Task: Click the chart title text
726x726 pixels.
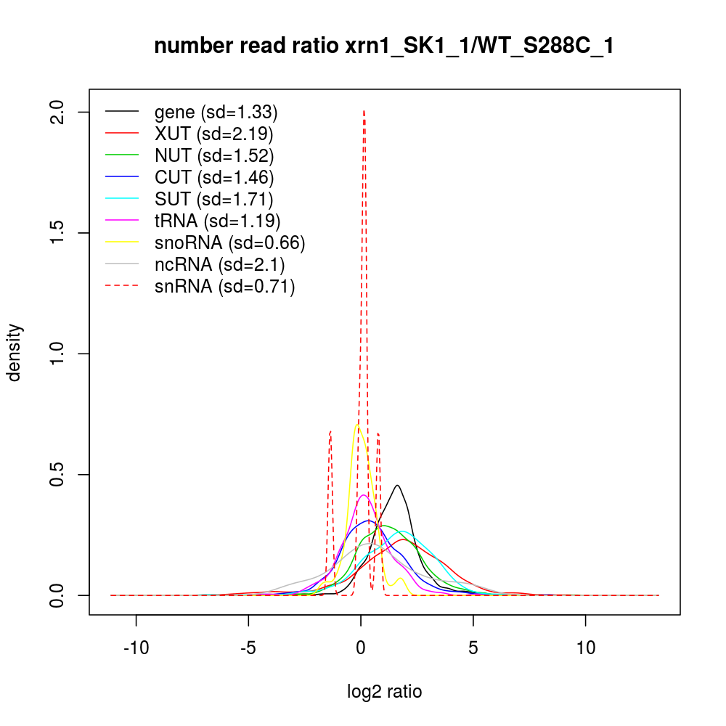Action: [385, 47]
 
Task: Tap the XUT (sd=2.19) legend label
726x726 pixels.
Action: [213, 134]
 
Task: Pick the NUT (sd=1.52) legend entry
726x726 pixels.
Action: [213, 155]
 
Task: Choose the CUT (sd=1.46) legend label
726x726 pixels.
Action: [213, 177]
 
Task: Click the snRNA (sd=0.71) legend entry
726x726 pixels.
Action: [224, 287]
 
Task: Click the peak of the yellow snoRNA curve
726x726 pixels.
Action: [358, 425]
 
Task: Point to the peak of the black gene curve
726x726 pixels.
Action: [397, 485]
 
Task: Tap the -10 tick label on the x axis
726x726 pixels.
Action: [136, 648]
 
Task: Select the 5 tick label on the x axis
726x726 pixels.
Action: [473, 648]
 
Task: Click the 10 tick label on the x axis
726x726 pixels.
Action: [586, 648]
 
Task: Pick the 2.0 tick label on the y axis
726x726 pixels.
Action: [61, 112]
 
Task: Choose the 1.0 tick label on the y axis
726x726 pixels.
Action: [61, 354]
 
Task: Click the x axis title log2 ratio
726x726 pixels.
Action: [385, 692]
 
